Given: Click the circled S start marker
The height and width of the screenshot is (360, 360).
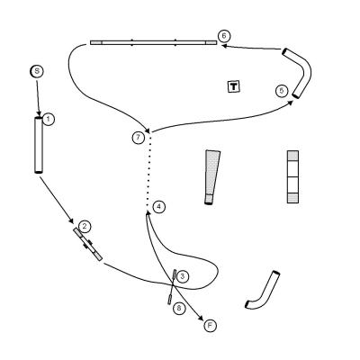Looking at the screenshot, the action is click(37, 71).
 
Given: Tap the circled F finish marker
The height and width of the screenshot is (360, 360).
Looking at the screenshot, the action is click(211, 326).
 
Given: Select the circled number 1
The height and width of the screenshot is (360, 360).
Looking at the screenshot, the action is click(49, 119).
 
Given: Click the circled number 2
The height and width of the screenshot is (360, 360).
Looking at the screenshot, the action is click(85, 226).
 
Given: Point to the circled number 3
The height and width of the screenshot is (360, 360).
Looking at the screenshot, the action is click(183, 276).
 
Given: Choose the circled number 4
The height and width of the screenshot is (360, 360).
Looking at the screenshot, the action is click(158, 206).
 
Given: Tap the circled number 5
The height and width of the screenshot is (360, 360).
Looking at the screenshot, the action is click(282, 91).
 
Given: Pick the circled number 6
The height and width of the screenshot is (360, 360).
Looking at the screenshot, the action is click(224, 36).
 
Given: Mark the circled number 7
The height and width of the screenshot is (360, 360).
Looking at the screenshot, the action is click(138, 138).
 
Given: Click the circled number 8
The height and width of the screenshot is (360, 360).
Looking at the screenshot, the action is click(179, 308).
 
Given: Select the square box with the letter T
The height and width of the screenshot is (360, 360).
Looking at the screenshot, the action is click(233, 86).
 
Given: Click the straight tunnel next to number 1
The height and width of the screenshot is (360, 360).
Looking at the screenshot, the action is click(39, 145).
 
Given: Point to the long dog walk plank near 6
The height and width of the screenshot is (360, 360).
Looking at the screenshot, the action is click(153, 42).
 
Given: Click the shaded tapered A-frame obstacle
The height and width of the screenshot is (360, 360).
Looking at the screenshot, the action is click(211, 177).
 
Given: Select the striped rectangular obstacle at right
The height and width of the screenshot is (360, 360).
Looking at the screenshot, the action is click(292, 176).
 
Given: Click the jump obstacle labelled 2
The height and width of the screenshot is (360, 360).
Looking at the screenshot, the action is click(88, 244).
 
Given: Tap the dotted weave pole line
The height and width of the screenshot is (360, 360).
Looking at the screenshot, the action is click(148, 170).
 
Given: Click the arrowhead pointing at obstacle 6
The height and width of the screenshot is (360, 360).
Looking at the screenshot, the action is click(224, 46).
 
